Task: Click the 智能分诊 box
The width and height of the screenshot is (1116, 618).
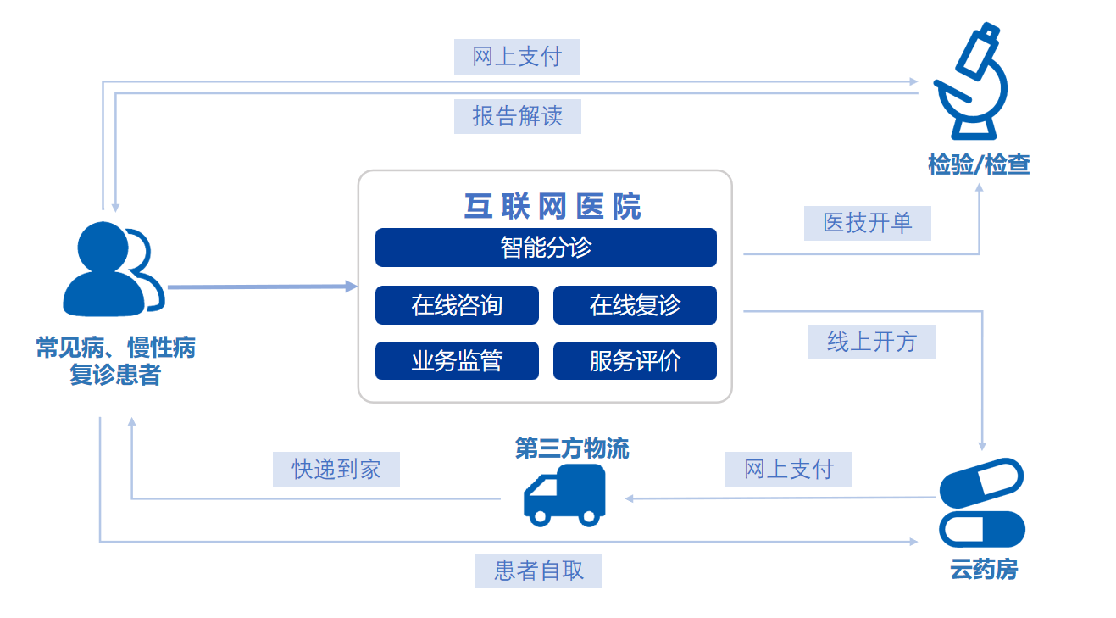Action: click(546, 248)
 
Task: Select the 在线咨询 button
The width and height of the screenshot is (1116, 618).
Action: click(457, 305)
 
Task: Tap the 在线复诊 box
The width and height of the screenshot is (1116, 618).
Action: click(635, 305)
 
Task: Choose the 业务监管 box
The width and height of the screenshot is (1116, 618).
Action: click(457, 361)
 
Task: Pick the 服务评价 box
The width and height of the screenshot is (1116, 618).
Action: click(635, 361)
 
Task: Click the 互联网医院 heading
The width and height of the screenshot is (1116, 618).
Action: click(552, 206)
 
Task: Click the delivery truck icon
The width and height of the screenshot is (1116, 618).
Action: click(565, 493)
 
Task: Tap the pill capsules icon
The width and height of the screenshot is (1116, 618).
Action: click(983, 502)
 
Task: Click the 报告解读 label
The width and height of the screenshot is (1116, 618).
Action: click(517, 115)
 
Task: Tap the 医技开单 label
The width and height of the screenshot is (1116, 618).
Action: click(867, 223)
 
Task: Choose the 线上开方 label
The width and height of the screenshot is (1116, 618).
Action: click(871, 342)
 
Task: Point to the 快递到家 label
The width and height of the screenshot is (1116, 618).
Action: click(336, 469)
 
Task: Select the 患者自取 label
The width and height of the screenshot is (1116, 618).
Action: click(539, 571)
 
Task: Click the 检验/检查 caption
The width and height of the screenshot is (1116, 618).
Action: click(979, 164)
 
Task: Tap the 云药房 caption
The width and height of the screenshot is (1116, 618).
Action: click(983, 570)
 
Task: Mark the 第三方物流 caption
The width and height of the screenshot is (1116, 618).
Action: click(572, 448)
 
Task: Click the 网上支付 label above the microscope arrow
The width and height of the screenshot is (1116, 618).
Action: click(516, 57)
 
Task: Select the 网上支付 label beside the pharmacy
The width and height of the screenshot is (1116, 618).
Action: click(788, 469)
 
